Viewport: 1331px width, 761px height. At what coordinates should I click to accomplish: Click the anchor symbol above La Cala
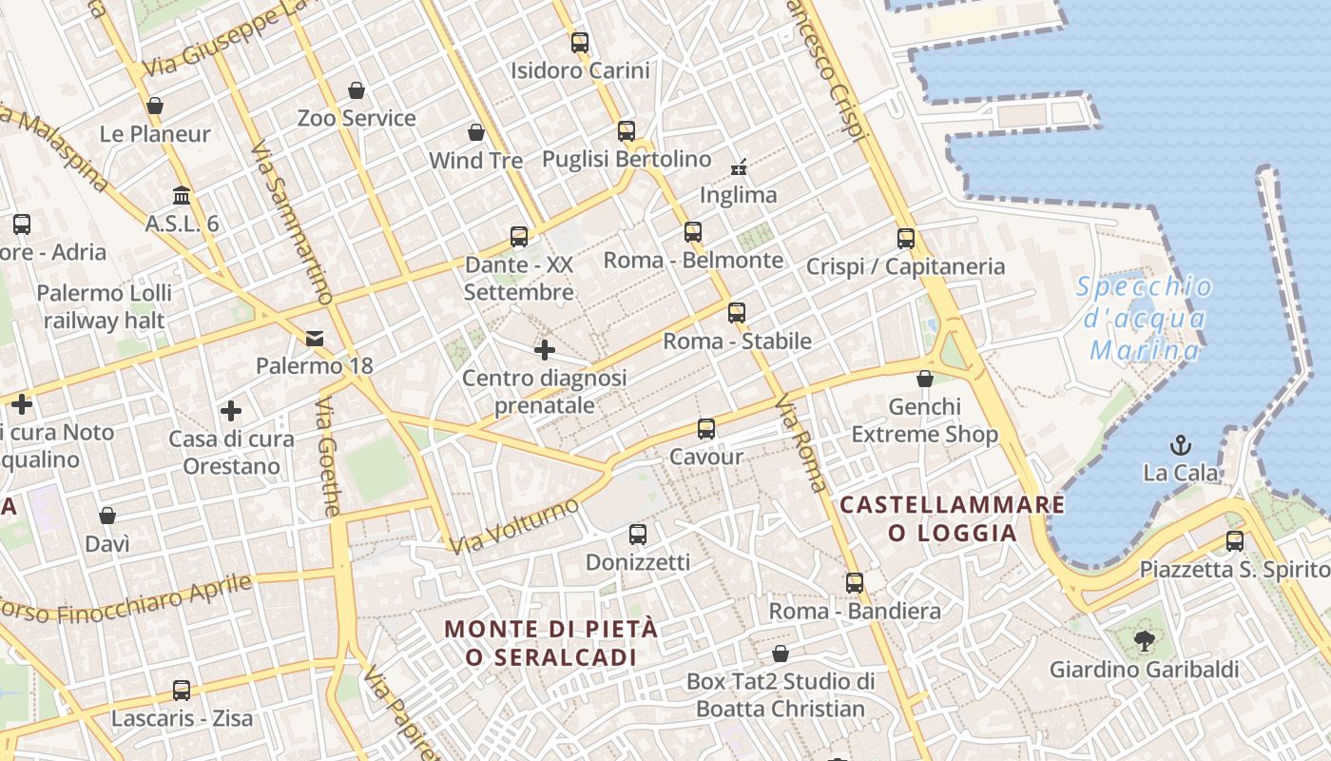pyautogui.click(x=1180, y=444)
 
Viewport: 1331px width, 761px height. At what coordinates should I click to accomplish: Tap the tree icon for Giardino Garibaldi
pyautogui.click(x=1144, y=640)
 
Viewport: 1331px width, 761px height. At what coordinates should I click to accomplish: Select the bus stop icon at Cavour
pyautogui.click(x=705, y=429)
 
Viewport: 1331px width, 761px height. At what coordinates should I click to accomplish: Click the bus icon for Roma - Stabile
pyautogui.click(x=737, y=312)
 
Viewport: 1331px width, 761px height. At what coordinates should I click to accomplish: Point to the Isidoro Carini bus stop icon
pyautogui.click(x=579, y=42)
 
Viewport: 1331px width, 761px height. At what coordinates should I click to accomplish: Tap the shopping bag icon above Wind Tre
pyautogui.click(x=476, y=132)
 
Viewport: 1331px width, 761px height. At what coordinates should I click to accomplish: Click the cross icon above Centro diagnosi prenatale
pyautogui.click(x=544, y=350)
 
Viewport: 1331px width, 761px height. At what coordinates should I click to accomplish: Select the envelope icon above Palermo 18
pyautogui.click(x=315, y=338)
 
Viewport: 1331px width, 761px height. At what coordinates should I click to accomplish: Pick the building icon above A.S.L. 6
pyautogui.click(x=182, y=196)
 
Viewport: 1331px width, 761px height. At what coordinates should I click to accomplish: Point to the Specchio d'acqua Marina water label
pyautogui.click(x=1145, y=319)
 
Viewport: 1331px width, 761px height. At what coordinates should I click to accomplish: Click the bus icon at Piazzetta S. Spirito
pyautogui.click(x=1234, y=541)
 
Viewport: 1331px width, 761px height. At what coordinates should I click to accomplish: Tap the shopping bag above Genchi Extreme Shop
pyautogui.click(x=924, y=379)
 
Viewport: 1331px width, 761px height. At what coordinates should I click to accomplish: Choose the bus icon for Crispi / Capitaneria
pyautogui.click(x=905, y=238)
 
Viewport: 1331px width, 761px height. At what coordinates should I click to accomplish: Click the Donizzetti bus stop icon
pyautogui.click(x=637, y=535)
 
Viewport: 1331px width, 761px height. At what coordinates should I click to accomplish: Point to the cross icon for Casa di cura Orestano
pyautogui.click(x=231, y=411)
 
